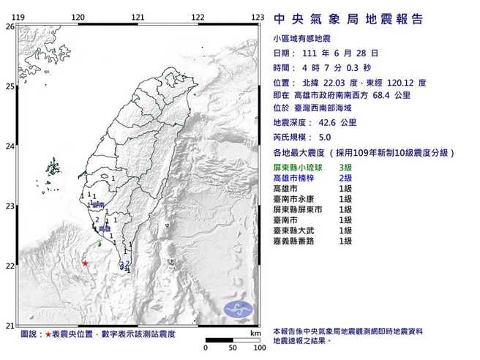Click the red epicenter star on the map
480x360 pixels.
[86, 263]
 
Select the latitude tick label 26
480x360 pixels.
[10, 26]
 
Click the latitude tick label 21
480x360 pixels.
[10, 326]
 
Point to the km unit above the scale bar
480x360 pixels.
[255, 334]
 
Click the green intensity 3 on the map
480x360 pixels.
[99, 243]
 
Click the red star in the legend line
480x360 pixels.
[48, 334]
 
